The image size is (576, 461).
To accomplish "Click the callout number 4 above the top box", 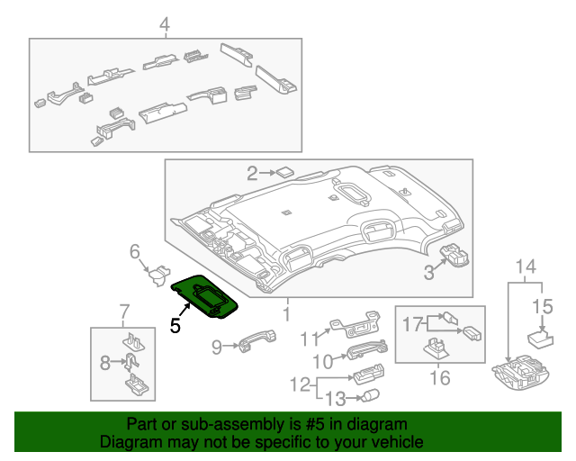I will tap(165, 24).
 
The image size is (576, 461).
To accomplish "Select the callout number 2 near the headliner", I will tap(253, 172).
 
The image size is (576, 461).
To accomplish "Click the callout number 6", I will tap(135, 250).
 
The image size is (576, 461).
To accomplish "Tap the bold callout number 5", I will tap(176, 326).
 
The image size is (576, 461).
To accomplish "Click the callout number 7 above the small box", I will tap(123, 313).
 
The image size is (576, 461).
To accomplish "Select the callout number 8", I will tap(104, 363).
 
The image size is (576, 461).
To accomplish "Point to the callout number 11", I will tap(309, 339).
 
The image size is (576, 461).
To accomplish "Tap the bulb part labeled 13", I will tap(368, 395).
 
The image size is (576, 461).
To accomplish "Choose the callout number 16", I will tap(438, 378).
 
